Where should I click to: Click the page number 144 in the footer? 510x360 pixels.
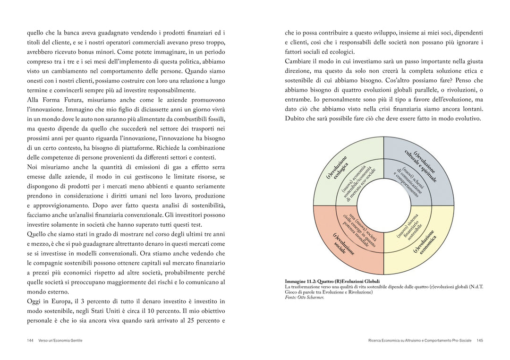tap(30, 340)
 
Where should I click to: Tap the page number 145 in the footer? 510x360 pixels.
tap(479, 340)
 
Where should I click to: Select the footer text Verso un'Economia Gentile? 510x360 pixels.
tap(60, 340)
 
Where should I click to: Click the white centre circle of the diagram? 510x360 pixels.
tap(383, 206)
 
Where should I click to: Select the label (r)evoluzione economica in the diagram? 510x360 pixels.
tap(424, 241)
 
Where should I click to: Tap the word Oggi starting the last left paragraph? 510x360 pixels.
tap(34, 301)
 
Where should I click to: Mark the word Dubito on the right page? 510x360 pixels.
tap(296, 118)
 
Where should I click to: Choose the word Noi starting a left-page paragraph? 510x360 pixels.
tap(33, 167)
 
